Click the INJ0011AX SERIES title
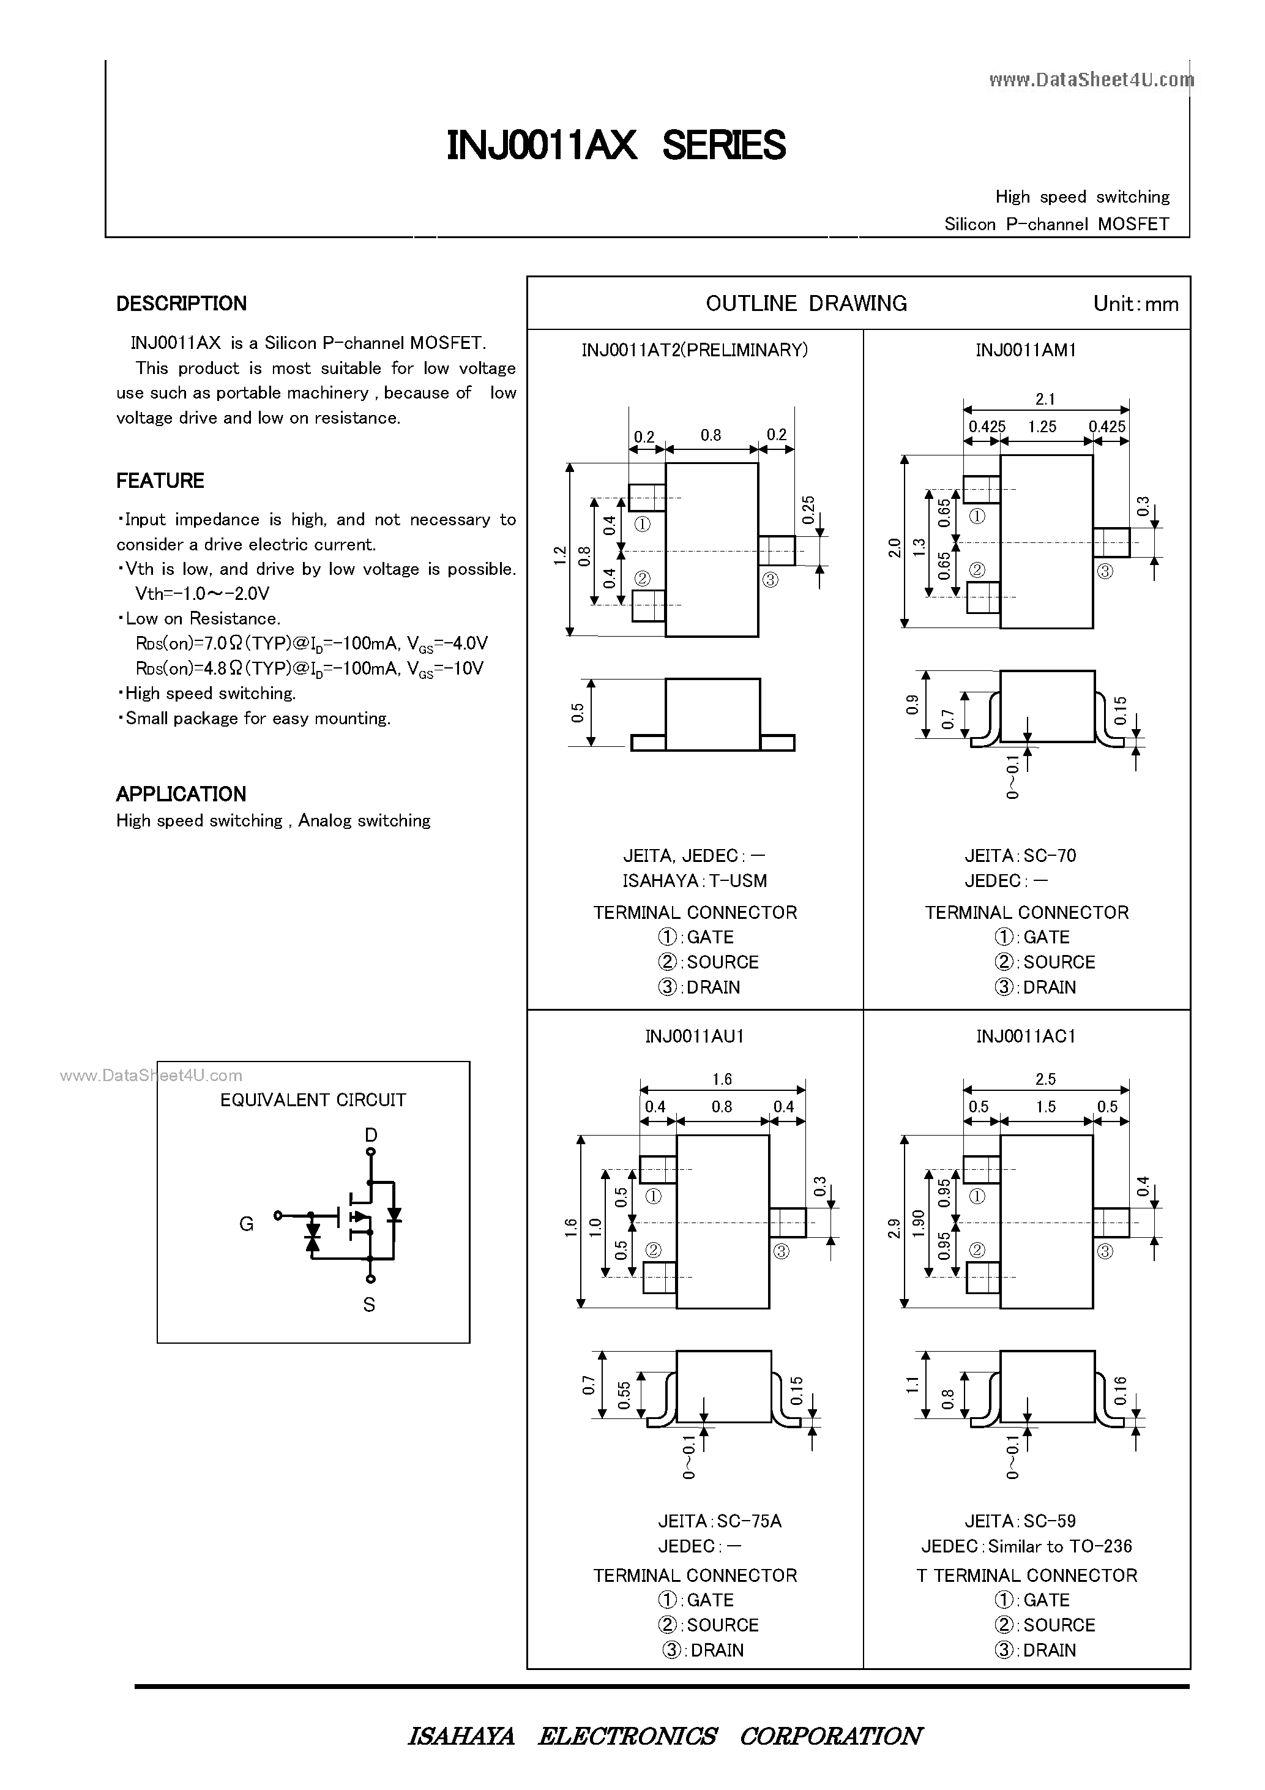[616, 146]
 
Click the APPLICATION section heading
[181, 793]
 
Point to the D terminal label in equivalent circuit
[371, 1134]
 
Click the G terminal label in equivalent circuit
[246, 1224]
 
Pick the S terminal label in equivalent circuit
[370, 1305]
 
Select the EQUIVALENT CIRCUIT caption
[313, 1100]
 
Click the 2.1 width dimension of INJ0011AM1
[1045, 399]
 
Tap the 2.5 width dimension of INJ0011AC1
[1045, 1079]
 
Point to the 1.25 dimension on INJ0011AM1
[1042, 427]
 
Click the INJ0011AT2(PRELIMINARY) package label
[695, 350]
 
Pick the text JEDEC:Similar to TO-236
[1026, 1545]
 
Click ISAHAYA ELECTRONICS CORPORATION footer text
[664, 1736]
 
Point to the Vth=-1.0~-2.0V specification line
[202, 593]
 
